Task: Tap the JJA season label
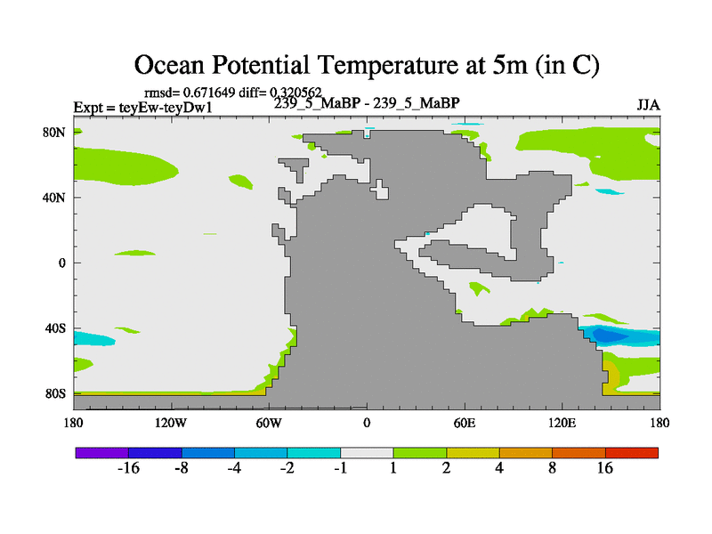648,105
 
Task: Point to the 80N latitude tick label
55,133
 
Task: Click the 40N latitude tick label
55,198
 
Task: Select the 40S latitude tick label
55,328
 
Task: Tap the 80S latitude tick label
55,393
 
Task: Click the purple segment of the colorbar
101,453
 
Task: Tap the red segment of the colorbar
632,453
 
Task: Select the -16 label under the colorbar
130,469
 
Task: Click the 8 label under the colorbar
553,469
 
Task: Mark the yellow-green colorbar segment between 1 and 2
420,453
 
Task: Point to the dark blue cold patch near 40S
608,336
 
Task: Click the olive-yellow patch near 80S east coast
611,374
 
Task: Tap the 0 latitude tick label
62,263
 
